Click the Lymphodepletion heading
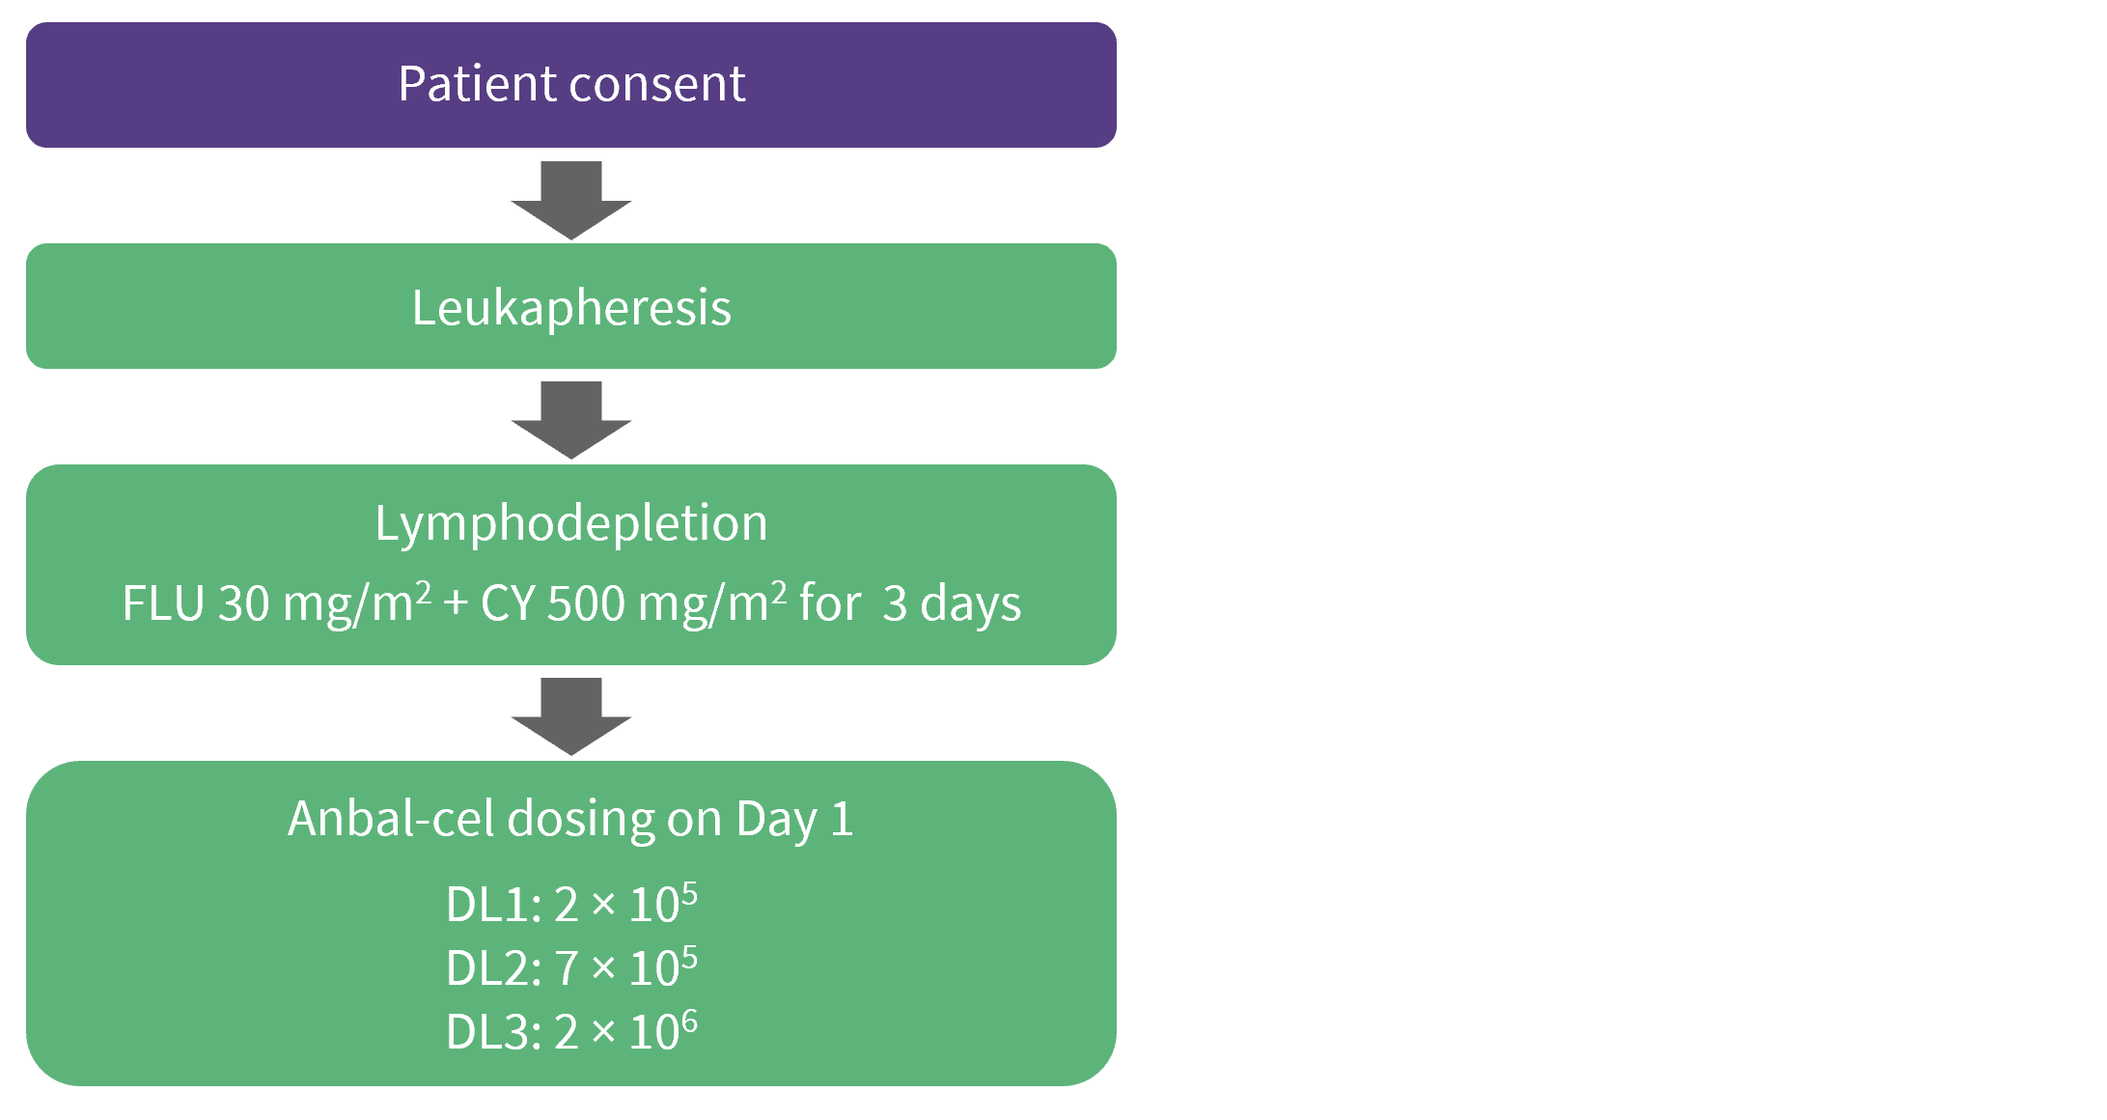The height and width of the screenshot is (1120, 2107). click(571, 524)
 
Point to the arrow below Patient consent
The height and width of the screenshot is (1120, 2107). click(571, 200)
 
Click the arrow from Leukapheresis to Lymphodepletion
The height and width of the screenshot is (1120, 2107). click(571, 420)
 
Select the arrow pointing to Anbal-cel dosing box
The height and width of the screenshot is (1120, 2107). click(571, 716)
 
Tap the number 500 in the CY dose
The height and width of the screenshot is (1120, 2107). click(586, 604)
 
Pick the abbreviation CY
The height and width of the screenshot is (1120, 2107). click(508, 604)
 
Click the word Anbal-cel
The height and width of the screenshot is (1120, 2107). click(391, 819)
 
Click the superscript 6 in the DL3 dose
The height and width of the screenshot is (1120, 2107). click(689, 1022)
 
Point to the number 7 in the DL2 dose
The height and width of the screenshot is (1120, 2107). click(567, 969)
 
